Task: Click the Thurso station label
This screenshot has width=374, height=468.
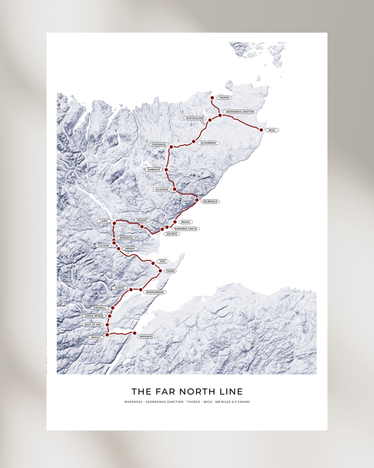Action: coord(224,98)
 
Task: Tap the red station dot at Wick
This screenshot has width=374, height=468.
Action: coord(261,130)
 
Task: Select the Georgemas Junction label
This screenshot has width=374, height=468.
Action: coord(241,112)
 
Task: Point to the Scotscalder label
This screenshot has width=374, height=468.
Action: coord(195,118)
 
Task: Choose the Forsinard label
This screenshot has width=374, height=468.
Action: coord(158,144)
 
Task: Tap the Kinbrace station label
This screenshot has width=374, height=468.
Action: coord(154,169)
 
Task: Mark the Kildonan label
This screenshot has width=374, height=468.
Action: coord(162,189)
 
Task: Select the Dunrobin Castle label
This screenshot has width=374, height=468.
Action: coord(187,228)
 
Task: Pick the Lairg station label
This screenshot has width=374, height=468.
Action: coord(104,221)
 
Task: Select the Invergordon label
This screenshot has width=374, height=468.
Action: coord(154,292)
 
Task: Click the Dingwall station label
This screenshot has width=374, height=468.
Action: coord(100,308)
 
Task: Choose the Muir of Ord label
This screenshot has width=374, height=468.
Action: coord(93,325)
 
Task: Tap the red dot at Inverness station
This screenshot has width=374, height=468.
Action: coord(134,333)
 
